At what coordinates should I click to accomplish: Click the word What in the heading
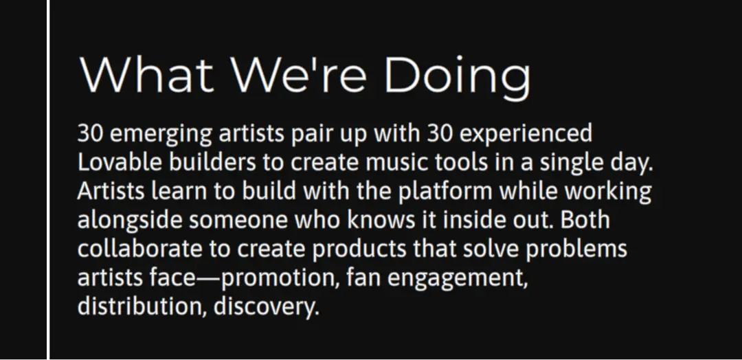pos(147,74)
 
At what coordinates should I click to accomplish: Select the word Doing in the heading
pos(458,78)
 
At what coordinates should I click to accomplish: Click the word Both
pos(585,221)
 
